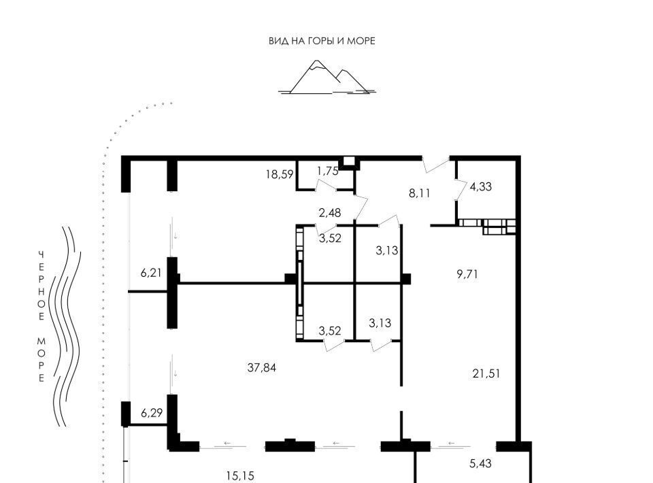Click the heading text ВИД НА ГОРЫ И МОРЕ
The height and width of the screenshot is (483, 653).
(x=322, y=41)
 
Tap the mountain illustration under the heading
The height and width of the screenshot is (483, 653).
(x=327, y=77)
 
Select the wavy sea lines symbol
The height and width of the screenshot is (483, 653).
(x=65, y=327)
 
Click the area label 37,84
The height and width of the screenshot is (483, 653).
(x=261, y=367)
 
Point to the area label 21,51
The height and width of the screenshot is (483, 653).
(x=486, y=373)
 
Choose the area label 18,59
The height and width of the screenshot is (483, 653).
(x=280, y=174)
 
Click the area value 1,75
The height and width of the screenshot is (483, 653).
(x=328, y=171)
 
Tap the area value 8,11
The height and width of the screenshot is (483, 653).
(x=420, y=193)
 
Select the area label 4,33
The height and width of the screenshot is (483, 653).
(x=481, y=186)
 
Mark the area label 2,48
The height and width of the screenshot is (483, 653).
(x=330, y=213)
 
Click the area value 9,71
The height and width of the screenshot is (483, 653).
(x=467, y=274)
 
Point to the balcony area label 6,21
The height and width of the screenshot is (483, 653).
(x=151, y=273)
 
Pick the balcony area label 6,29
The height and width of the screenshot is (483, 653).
(x=152, y=413)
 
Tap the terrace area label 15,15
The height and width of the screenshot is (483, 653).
(x=240, y=476)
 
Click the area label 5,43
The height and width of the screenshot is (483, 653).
(x=481, y=463)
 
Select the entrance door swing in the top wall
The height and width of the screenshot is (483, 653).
(x=435, y=165)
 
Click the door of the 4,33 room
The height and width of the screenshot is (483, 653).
(x=461, y=190)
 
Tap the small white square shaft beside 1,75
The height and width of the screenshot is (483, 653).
(x=349, y=161)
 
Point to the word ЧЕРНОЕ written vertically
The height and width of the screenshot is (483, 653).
(x=41, y=286)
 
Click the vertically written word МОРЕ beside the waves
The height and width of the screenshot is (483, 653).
(x=41, y=360)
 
